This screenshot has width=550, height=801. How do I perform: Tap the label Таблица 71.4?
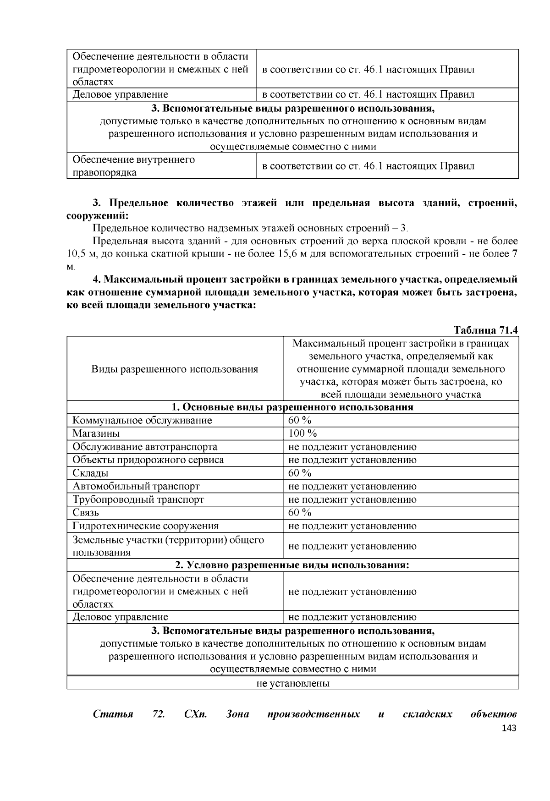point(485,330)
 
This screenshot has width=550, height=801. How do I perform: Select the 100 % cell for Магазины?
point(302,433)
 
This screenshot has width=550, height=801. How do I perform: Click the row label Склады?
point(90,473)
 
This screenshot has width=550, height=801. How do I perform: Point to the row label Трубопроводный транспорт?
point(138,499)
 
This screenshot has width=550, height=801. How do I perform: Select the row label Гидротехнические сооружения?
point(145,526)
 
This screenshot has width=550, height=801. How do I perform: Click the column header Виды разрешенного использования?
point(174,369)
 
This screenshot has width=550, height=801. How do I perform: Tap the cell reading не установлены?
point(292,683)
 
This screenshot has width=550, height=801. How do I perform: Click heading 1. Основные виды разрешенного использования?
point(292,407)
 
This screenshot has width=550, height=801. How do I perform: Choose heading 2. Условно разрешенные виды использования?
point(292,565)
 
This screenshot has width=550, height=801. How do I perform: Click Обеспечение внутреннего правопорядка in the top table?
point(133,166)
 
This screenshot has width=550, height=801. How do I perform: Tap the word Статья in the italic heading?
point(113,714)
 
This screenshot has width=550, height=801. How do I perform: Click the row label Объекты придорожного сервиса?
point(148,460)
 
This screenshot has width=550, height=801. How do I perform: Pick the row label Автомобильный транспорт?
point(136,486)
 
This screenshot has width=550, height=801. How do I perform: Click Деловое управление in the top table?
point(120,94)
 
